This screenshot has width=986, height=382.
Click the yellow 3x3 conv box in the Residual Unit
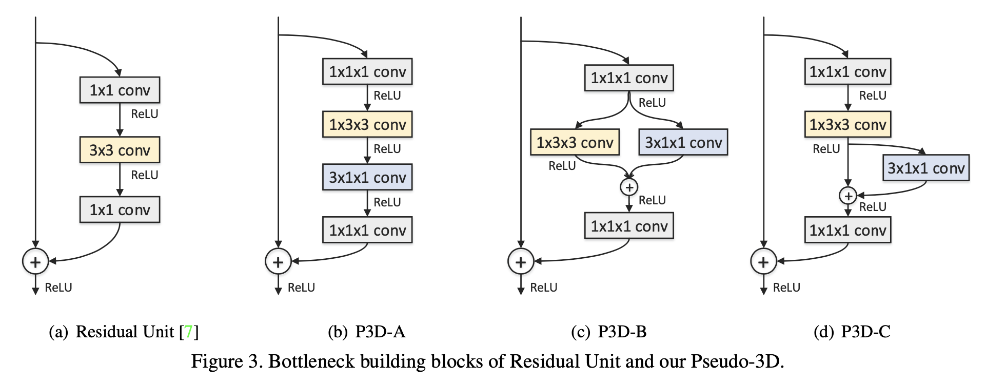[120, 150]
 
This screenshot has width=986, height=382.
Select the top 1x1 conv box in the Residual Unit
[120, 90]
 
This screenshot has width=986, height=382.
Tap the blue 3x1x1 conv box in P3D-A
[367, 177]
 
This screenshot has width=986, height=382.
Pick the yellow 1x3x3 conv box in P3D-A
[367, 124]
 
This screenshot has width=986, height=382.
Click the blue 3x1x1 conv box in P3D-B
[683, 142]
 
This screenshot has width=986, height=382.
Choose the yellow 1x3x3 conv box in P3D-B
[575, 142]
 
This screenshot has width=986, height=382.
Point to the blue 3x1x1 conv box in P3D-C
[926, 168]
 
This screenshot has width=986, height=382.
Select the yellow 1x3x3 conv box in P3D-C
[847, 124]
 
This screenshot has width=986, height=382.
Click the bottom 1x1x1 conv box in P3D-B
[629, 226]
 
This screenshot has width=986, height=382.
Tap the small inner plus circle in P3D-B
[629, 187]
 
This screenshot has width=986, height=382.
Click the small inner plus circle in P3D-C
[848, 196]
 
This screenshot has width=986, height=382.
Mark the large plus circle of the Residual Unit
[35, 261]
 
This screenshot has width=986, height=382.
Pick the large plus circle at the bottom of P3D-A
[278, 261]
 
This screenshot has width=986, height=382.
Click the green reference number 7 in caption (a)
[189, 332]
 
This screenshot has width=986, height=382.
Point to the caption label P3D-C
[866, 332]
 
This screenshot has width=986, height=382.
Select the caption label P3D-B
[622, 332]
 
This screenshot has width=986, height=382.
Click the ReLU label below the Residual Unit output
[58, 288]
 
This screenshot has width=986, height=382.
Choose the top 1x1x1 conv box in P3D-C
[847, 71]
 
